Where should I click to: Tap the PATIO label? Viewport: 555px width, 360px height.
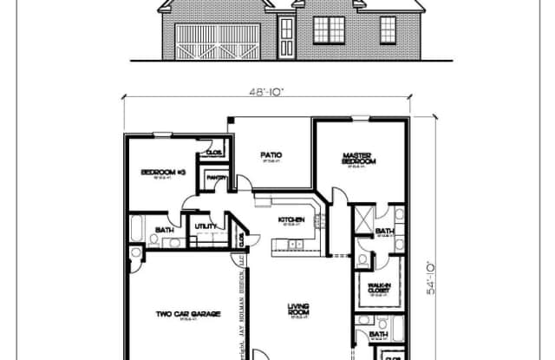[271, 156]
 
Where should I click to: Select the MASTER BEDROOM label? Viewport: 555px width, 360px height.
[357, 159]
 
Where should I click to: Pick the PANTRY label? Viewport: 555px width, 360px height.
[216, 180]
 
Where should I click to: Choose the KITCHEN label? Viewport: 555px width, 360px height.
[291, 220]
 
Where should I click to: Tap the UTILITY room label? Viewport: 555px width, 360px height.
[206, 227]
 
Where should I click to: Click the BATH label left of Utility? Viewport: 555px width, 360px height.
[164, 231]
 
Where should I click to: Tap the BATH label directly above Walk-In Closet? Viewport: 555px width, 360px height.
[385, 232]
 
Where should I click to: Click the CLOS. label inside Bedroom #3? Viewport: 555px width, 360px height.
[213, 153]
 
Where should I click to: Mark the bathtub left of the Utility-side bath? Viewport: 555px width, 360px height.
[137, 230]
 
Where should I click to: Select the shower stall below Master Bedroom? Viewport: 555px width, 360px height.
[362, 217]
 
